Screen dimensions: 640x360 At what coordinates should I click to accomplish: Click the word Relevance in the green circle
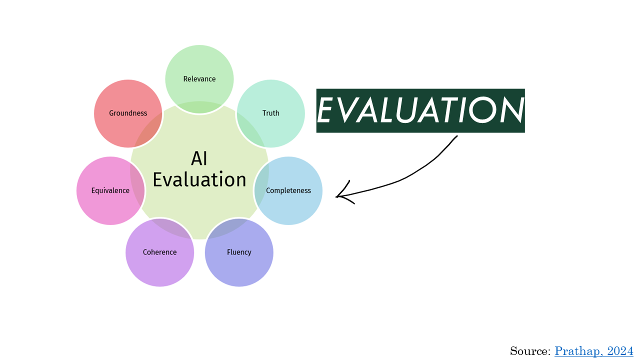pyautogui.click(x=199, y=79)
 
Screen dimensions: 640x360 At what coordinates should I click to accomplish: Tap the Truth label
pyautogui.click(x=271, y=113)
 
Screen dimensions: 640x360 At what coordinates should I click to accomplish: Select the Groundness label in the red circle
pyautogui.click(x=128, y=113)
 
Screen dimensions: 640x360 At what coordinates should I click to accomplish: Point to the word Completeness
pyautogui.click(x=288, y=190)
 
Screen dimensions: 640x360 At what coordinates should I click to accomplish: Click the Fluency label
pyautogui.click(x=239, y=252)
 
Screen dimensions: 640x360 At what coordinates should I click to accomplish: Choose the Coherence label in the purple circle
pyautogui.click(x=159, y=252)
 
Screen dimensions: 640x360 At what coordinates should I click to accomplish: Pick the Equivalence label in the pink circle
pyautogui.click(x=110, y=190)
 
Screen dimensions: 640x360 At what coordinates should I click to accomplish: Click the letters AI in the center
pyautogui.click(x=199, y=159)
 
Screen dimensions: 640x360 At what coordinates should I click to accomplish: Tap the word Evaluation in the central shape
pyautogui.click(x=199, y=179)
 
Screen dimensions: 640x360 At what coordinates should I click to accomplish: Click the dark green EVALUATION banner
pyautogui.click(x=420, y=110)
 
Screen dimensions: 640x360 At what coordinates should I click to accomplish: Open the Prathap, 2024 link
pyautogui.click(x=593, y=351)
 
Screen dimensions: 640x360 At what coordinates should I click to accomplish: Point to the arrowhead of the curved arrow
pyautogui.click(x=337, y=196)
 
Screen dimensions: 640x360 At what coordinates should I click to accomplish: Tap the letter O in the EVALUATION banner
pyautogui.click(x=481, y=110)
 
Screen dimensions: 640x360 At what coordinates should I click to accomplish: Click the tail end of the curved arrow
pyautogui.click(x=457, y=136)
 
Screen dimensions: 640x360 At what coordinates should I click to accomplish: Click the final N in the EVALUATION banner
pyautogui.click(x=510, y=110)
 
